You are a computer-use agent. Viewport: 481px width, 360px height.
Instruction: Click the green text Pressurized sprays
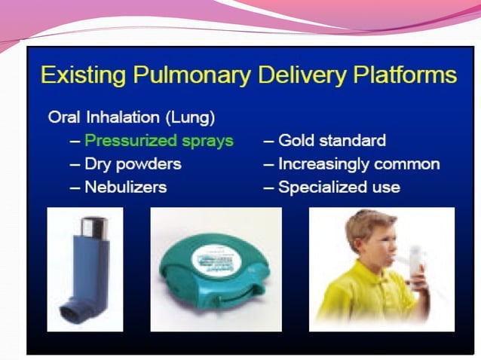[159, 141]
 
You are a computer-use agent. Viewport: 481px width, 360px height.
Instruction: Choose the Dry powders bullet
[133, 163]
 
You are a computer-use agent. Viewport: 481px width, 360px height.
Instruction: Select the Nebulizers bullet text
[125, 187]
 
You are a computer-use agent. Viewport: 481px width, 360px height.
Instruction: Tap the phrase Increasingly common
[359, 163]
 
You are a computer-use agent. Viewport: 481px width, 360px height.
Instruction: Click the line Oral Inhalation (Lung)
[130, 117]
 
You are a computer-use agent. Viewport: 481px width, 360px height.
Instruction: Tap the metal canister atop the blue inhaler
[93, 226]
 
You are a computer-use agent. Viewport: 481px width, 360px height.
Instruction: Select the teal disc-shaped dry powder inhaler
[215, 267]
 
